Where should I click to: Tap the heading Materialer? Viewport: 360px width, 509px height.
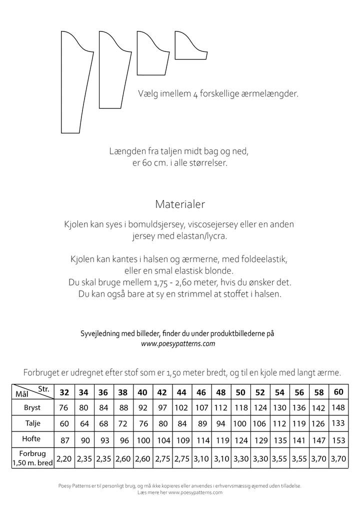pyautogui.click(x=180, y=204)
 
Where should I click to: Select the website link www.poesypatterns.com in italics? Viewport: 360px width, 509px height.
pyautogui.click(x=178, y=343)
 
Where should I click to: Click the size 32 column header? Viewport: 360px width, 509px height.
pyautogui.click(x=64, y=392)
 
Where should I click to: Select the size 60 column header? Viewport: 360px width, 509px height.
pyautogui.click(x=338, y=391)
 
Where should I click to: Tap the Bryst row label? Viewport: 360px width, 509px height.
pyautogui.click(x=32, y=407)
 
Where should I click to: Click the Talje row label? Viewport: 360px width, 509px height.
pyautogui.click(x=32, y=423)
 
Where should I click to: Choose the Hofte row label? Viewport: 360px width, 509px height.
pyautogui.click(x=32, y=439)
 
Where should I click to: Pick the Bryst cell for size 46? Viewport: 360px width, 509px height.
pyautogui.click(x=201, y=407)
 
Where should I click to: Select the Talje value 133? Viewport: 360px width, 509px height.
pyautogui.click(x=338, y=423)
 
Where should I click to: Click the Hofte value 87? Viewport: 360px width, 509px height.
pyautogui.click(x=64, y=440)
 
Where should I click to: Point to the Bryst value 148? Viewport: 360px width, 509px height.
pyautogui.click(x=338, y=407)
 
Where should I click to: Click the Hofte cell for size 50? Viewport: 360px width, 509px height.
pyautogui.click(x=240, y=440)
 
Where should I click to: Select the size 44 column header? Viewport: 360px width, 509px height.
pyautogui.click(x=181, y=392)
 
